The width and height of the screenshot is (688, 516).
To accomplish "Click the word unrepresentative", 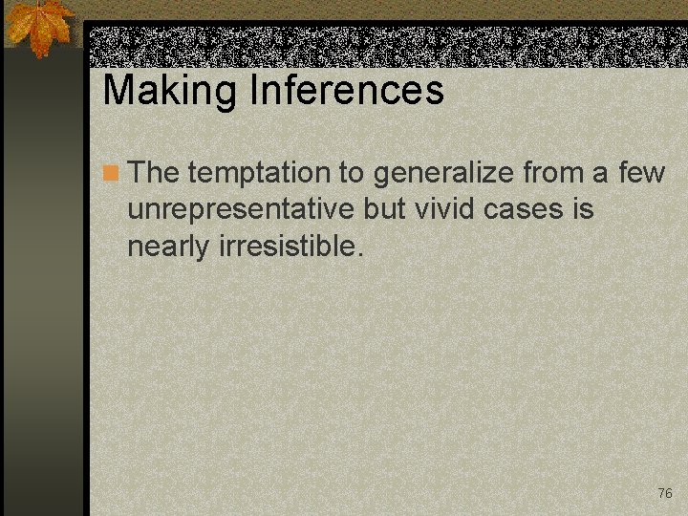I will (242, 209).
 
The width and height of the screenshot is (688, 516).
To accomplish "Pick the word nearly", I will (168, 246).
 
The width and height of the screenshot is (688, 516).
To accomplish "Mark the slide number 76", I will (665, 493).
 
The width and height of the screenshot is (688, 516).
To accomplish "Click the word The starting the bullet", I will (154, 173).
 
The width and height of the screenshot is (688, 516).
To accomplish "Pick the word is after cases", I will (583, 209).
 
